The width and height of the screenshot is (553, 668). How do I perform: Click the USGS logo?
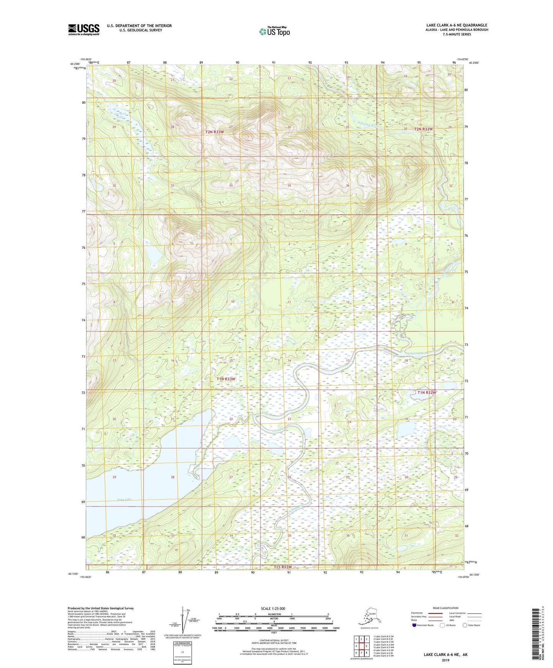84,29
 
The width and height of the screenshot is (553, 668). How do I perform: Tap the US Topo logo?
274,31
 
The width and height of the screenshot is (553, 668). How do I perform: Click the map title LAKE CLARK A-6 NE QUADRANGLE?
457,25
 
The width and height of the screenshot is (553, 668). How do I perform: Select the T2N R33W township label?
214,132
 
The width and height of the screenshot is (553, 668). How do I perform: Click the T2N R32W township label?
423,129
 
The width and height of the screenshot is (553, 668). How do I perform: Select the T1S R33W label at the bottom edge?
282,567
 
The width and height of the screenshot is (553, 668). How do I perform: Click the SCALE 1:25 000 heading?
273,608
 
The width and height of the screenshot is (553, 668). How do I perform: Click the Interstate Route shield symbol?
415,625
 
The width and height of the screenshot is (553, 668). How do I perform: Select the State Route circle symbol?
465,625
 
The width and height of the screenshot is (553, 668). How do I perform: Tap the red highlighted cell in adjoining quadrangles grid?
361,646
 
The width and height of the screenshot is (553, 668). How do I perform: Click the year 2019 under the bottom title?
445,660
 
